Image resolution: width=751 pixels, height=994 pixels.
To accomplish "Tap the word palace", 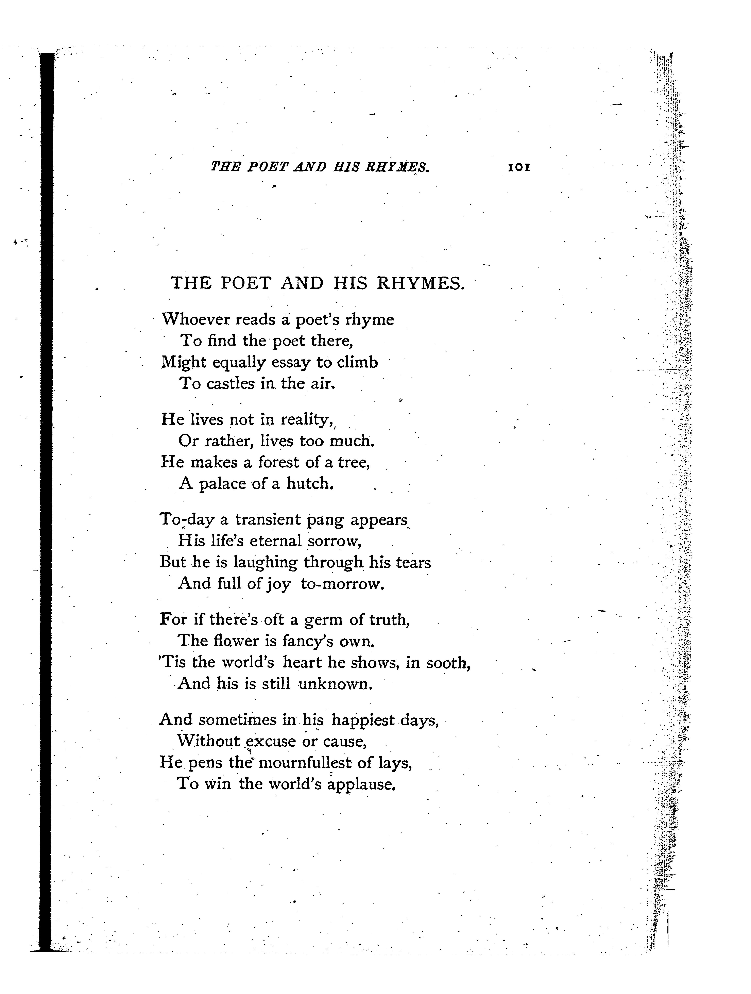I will tap(223, 484).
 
